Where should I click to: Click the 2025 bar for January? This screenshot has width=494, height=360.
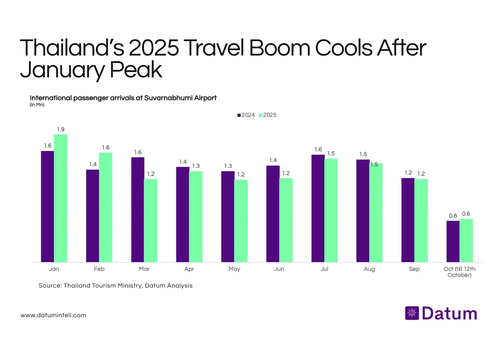click(61, 198)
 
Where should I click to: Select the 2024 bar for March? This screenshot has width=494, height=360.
click(137, 209)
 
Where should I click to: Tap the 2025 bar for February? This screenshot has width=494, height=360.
click(105, 207)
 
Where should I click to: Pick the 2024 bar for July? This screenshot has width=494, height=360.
click(318, 208)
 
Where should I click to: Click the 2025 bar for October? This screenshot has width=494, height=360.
click(466, 240)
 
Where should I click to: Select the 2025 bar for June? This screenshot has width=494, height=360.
click(286, 220)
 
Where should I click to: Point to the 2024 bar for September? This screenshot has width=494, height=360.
click(408, 220)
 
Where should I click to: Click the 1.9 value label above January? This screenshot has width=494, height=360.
click(61, 129)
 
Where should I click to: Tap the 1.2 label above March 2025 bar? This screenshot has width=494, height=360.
click(151, 174)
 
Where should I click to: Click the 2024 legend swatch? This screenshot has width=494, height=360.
click(239, 115)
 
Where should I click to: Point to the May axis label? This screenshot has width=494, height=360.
click(234, 269)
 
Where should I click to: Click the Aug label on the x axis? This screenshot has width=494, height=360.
click(369, 269)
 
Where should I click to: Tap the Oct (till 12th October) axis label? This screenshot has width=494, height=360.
click(459, 272)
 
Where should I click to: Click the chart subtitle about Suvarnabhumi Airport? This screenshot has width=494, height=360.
click(123, 98)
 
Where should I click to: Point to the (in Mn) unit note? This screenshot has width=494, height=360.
click(37, 105)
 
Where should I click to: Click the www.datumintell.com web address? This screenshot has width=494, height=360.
click(54, 315)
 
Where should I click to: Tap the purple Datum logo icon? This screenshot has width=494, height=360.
click(412, 313)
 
